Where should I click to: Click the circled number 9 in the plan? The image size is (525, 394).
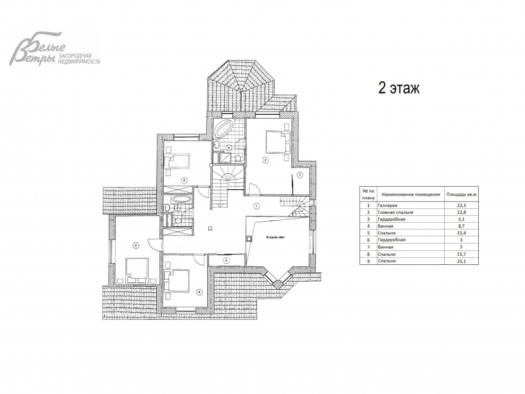coord(136,246)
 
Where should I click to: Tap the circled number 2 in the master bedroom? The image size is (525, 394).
coord(265,160)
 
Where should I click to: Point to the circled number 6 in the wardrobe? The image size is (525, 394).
coord(226,261)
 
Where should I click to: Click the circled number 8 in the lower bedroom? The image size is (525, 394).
coord(199,292)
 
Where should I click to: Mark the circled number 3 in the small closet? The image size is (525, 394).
coord(300,174)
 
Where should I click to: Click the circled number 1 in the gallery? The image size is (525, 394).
coord(256,206)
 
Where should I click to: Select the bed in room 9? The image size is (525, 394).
coord(137,270)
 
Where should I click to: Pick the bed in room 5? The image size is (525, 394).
coord(178,161)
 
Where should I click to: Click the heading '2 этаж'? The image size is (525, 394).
coord(399,88)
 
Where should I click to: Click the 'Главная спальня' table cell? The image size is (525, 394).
coord(395,212)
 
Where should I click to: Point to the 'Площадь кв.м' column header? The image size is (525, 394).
coord(461,194)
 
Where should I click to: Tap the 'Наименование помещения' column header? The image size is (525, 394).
coord(411,194)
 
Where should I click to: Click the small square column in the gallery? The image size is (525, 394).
coord(210,229)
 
